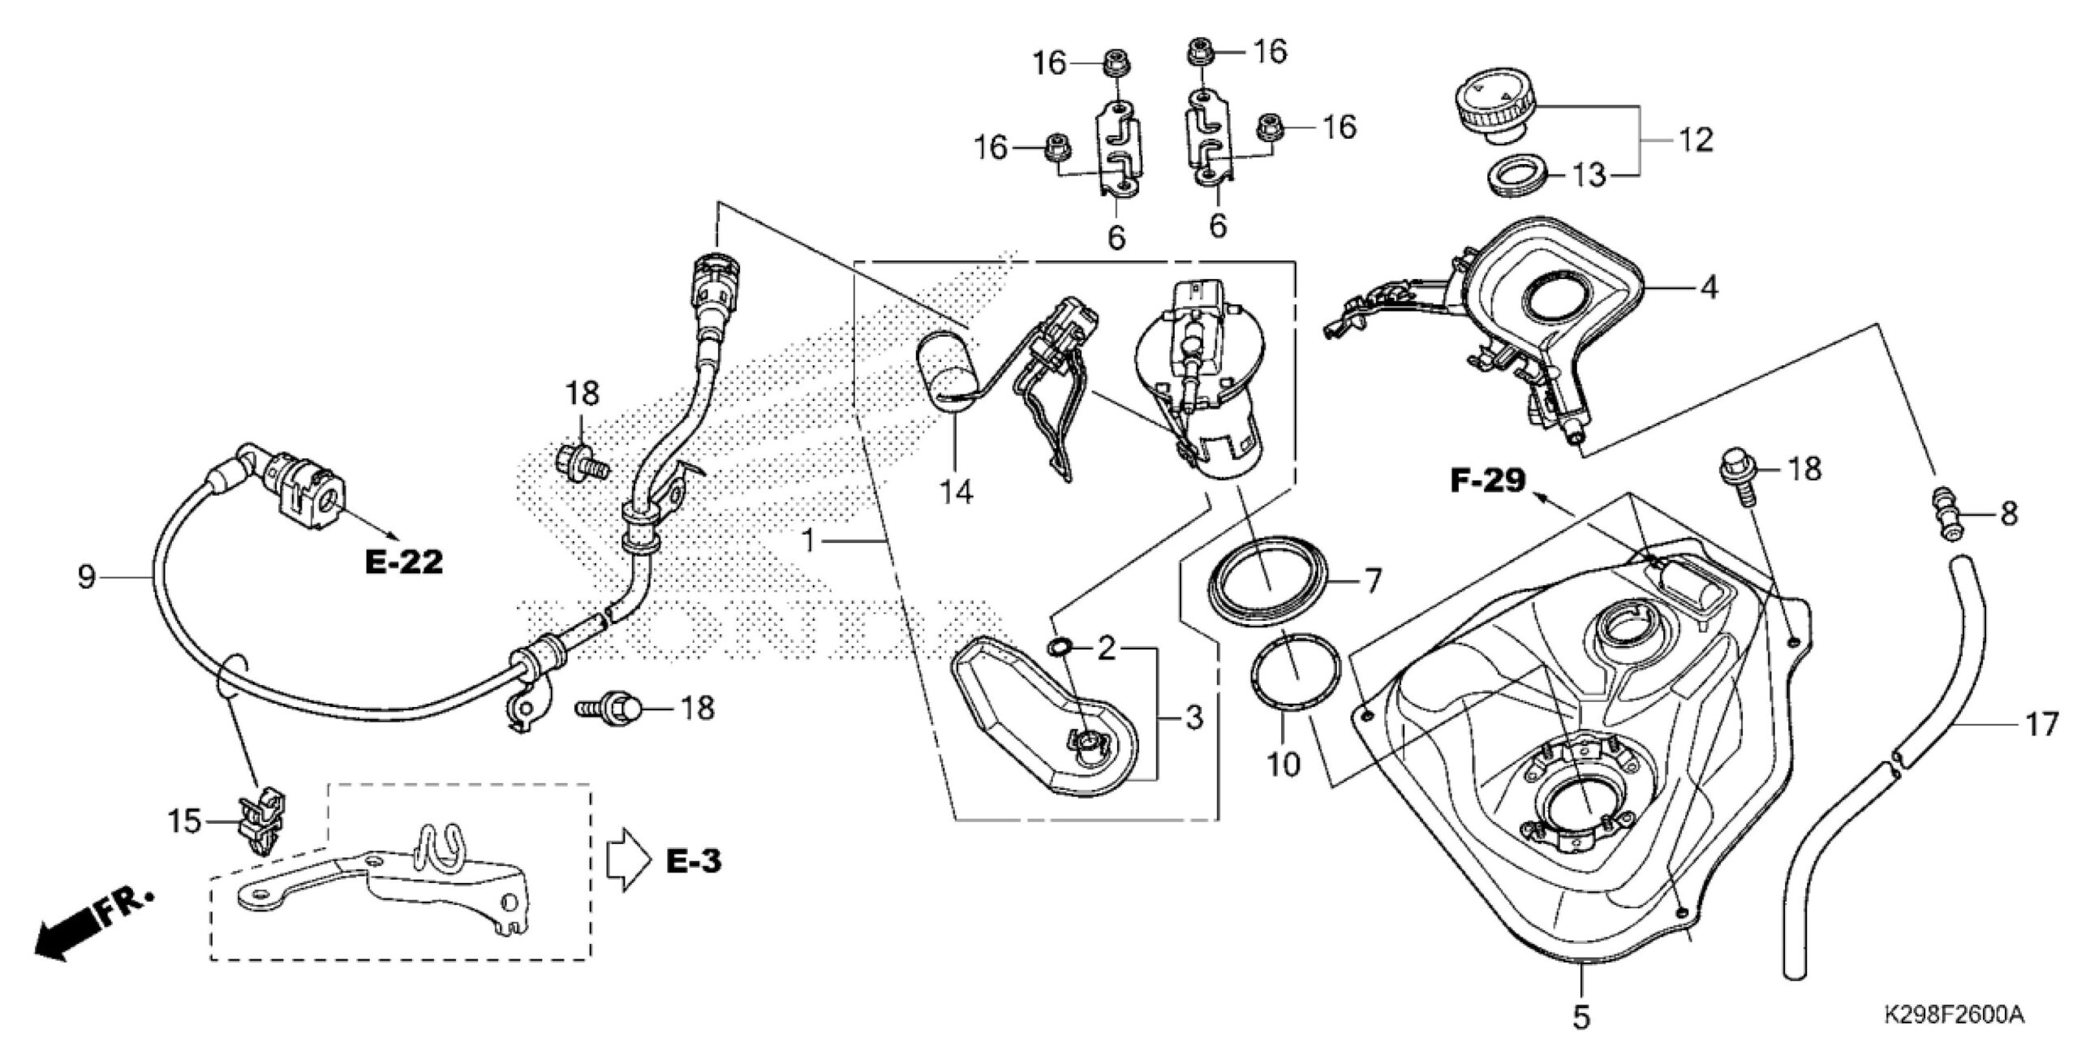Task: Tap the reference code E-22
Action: pos(404,561)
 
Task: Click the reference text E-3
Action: pos(694,861)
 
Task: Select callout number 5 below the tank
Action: pos(1581,1018)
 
